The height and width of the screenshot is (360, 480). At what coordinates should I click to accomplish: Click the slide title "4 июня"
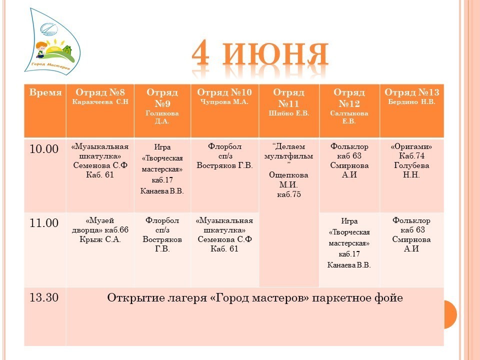click(260, 54)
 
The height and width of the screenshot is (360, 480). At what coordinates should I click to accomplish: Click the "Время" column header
click(45, 92)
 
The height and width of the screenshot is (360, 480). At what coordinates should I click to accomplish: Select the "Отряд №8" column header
click(100, 92)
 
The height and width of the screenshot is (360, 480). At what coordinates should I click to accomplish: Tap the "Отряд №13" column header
click(411, 92)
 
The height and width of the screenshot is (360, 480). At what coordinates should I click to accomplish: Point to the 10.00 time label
click(44, 149)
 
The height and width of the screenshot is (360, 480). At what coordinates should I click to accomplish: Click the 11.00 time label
click(44, 223)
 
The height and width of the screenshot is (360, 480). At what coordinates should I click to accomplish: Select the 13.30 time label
click(44, 297)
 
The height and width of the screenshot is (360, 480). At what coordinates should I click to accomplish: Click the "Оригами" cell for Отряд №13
click(411, 160)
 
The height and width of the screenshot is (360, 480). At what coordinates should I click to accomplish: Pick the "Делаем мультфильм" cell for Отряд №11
click(288, 170)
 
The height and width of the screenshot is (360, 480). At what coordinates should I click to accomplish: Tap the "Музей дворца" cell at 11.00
click(100, 229)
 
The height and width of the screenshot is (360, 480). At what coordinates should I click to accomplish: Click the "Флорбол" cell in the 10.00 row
click(224, 156)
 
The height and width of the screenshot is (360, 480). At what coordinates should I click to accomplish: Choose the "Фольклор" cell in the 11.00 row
click(411, 234)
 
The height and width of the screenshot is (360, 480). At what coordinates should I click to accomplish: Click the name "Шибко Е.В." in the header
click(289, 113)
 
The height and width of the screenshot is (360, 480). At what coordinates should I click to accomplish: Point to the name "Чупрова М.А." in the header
click(224, 102)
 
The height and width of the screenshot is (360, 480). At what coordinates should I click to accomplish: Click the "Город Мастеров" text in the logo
click(51, 65)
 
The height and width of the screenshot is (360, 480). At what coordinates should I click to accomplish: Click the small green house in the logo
click(67, 49)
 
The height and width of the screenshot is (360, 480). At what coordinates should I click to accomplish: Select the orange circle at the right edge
click(450, 314)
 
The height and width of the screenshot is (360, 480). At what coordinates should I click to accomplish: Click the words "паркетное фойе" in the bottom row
click(357, 298)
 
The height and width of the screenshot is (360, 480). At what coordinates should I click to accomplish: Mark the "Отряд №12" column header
click(349, 98)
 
